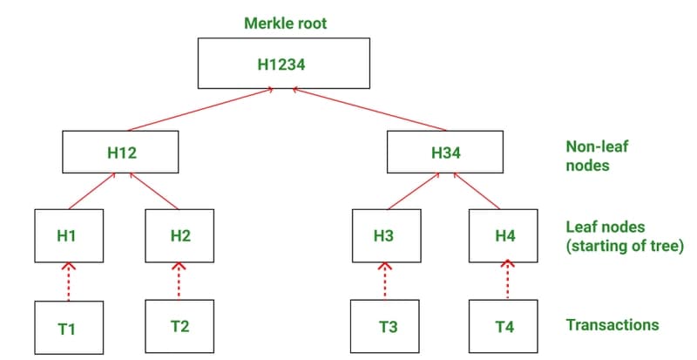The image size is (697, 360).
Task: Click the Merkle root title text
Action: tap(286, 24)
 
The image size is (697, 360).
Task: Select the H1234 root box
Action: tap(284, 63)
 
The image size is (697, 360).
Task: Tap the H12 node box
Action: tap(120, 152)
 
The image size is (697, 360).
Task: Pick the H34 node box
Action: tap(445, 152)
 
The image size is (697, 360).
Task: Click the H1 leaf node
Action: tap(69, 236)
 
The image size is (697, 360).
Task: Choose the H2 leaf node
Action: tap(179, 236)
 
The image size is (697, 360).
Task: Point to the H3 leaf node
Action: tap(387, 236)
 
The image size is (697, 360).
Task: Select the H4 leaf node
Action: tap(504, 236)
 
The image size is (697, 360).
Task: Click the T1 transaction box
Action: tap(69, 328)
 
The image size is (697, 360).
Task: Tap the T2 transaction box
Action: tap(179, 326)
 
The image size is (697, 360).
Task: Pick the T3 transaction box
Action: tap(384, 326)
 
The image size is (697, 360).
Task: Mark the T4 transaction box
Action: tap(504, 326)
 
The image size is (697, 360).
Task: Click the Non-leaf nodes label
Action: tap(597, 156)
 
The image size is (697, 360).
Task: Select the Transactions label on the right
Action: tap(612, 325)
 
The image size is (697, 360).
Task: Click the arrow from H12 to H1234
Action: tap(200, 110)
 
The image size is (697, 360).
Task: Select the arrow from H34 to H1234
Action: tap(369, 110)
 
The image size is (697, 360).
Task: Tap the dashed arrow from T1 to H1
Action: tap(69, 282)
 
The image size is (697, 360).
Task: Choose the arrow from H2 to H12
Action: tap(154, 191)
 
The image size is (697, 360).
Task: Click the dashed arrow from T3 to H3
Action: tap(384, 281)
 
